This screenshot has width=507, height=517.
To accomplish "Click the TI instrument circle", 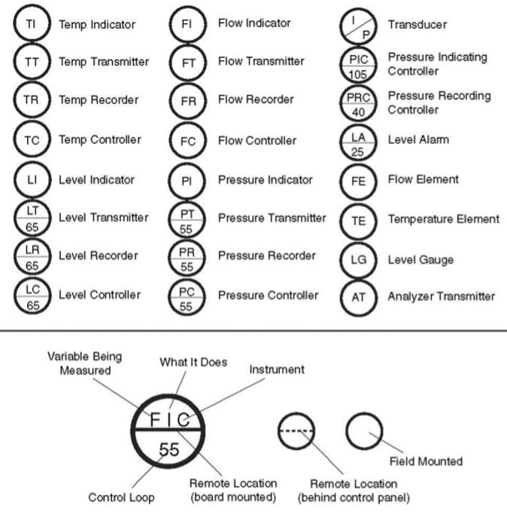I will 31,24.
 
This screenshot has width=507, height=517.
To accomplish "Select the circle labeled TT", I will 31,62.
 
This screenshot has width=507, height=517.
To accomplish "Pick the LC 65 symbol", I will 31,295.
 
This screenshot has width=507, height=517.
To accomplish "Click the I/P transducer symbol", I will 359,25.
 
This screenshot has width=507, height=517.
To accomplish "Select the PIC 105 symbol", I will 359,65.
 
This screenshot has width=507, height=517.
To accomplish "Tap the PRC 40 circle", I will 359,103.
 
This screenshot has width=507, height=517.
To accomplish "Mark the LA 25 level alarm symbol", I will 359,142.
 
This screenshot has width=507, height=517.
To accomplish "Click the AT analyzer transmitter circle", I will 359,297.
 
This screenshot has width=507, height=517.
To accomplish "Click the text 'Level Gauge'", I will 420,260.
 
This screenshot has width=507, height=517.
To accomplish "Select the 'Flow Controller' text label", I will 257,140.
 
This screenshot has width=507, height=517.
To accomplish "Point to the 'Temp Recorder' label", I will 99,100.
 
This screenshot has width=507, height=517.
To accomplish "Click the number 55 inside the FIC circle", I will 169,450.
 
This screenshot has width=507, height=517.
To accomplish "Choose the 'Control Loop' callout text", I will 122,497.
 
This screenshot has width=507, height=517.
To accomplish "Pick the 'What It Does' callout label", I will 193,363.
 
